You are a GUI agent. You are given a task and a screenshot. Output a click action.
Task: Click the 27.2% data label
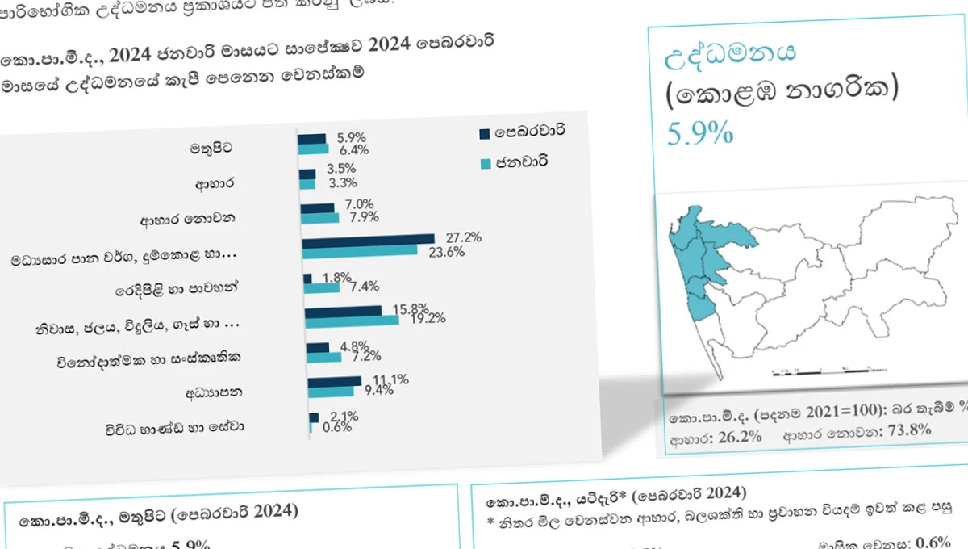[464, 237]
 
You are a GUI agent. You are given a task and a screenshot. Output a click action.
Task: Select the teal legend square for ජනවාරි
[485, 164]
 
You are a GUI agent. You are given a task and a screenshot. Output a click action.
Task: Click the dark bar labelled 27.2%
[369, 239]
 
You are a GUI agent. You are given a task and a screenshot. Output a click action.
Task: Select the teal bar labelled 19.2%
[352, 321]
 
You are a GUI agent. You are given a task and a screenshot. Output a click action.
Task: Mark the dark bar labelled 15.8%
[344, 310]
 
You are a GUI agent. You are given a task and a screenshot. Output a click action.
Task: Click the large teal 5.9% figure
[700, 132]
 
